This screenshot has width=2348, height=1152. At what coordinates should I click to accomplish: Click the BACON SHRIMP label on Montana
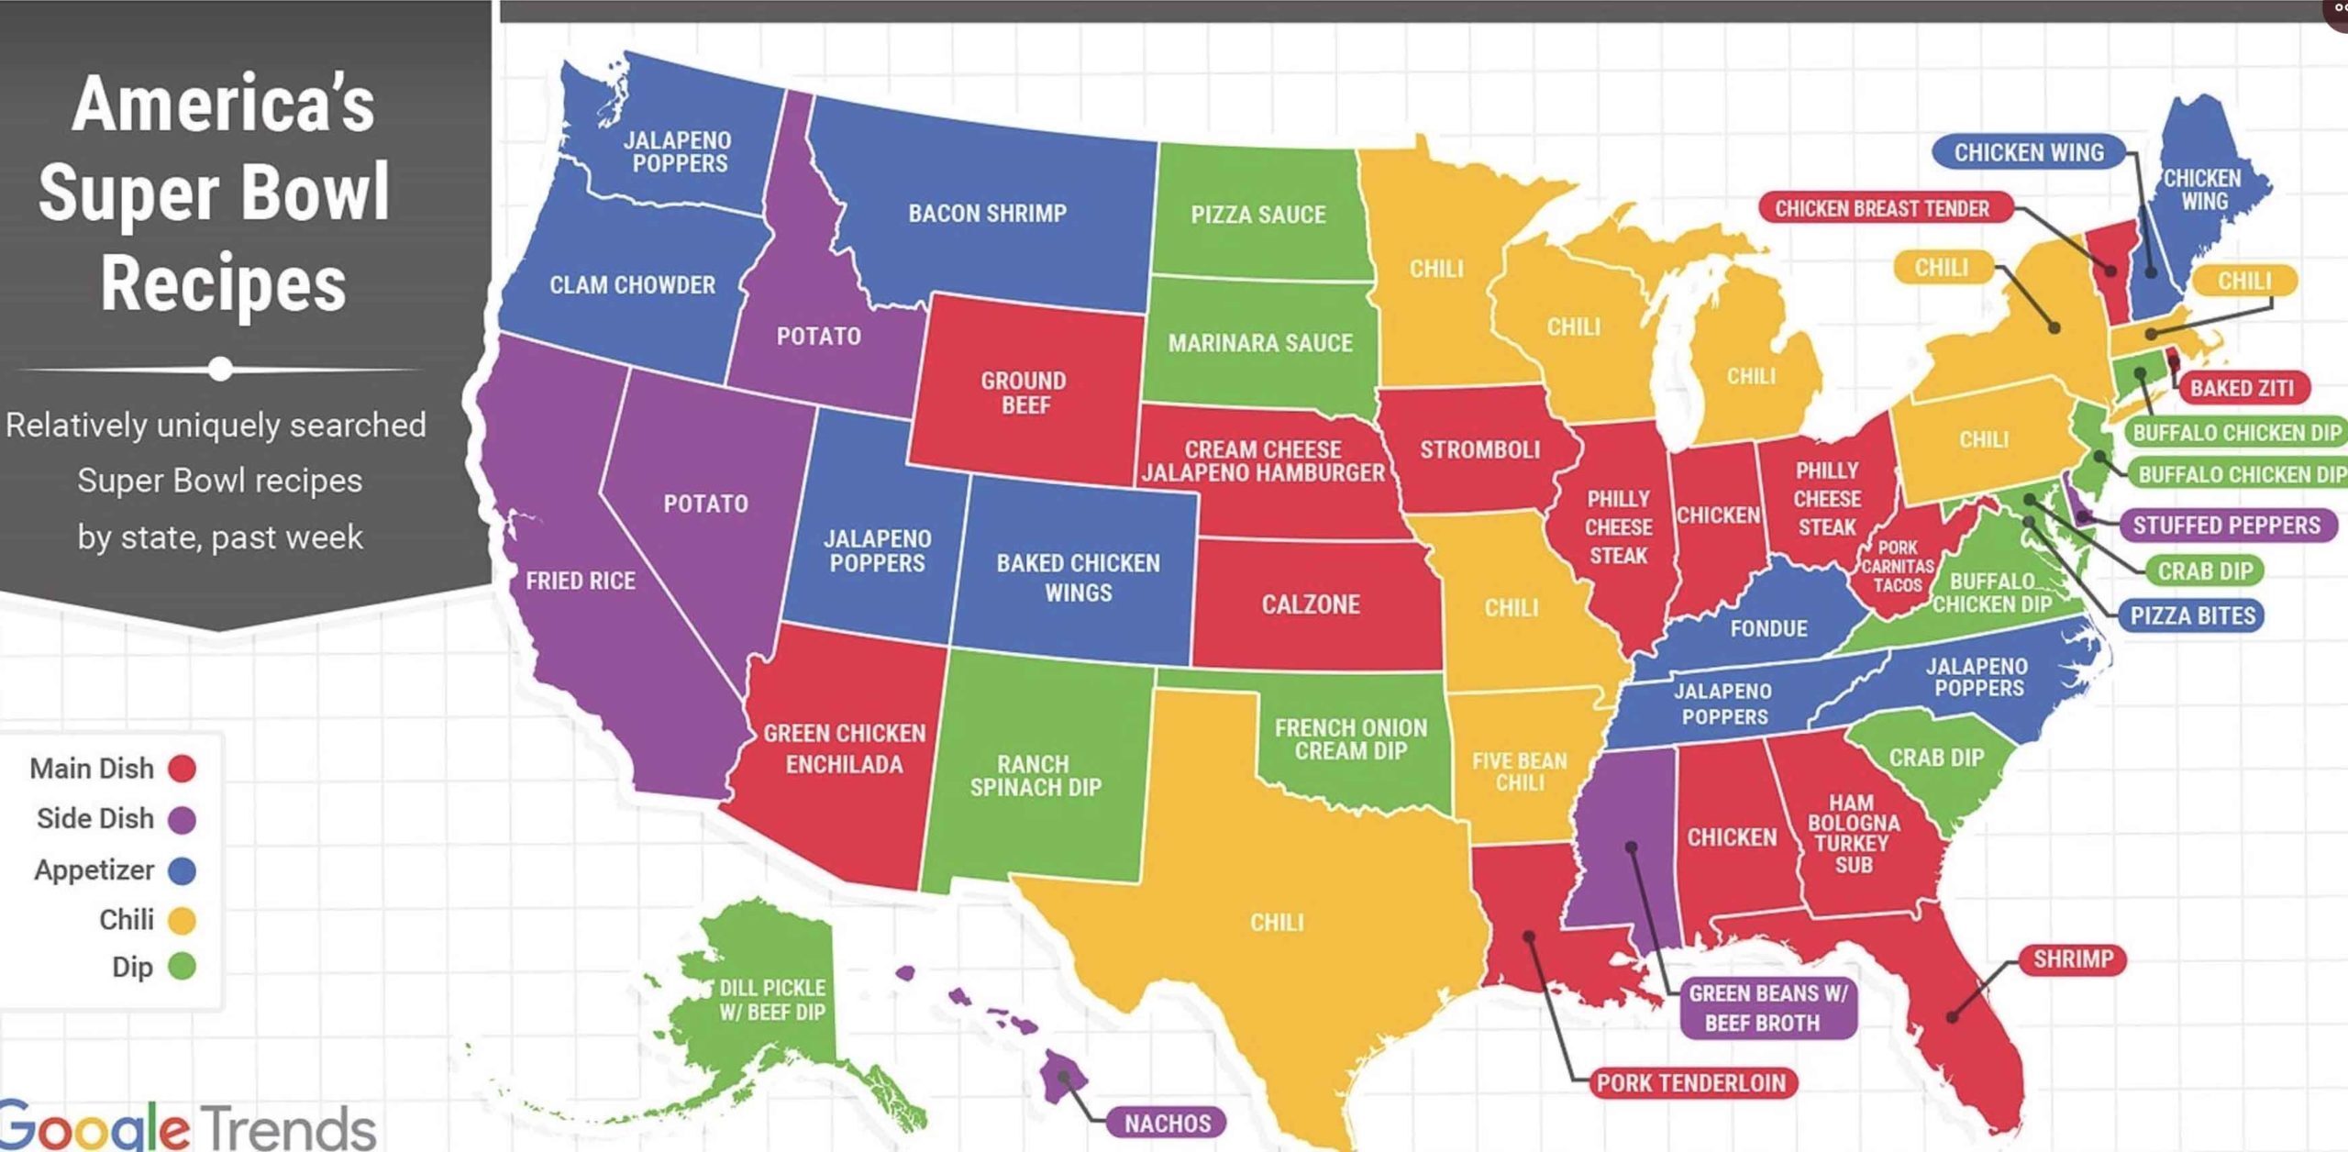coord(987,214)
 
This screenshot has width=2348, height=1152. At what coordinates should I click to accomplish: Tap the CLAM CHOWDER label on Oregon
coord(632,285)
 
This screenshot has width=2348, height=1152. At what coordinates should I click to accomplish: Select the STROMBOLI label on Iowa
coord(1479,449)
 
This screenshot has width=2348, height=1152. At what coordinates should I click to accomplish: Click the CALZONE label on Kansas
coord(1310,604)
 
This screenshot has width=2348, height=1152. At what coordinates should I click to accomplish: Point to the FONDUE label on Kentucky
coord(1768,628)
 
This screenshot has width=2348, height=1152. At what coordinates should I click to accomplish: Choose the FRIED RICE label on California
coord(580,581)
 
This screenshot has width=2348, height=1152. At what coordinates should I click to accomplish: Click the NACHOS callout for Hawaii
coord(1167,1123)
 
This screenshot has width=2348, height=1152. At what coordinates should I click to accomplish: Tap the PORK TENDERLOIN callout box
coord(1691,1082)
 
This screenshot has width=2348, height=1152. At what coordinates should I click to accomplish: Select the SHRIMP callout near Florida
coord(2072,959)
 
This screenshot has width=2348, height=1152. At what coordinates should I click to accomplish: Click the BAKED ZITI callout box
coord(2241,388)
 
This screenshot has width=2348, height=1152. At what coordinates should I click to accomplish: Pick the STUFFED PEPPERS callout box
coord(2226,526)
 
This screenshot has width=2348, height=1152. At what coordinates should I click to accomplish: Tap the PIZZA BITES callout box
coord(2191,615)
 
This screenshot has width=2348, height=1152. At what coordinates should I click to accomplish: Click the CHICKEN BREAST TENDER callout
coord(1882,208)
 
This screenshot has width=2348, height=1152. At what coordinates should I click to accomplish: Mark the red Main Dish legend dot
coord(182,768)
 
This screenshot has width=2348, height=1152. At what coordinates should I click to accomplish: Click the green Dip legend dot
coord(182,967)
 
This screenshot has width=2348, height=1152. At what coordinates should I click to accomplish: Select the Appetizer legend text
coord(94,870)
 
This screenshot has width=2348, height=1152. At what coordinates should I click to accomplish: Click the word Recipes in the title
coord(223,283)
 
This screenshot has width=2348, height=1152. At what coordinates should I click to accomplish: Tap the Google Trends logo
coord(188,1126)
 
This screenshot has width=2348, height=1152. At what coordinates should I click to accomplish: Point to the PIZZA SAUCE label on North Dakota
coord(1257,215)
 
